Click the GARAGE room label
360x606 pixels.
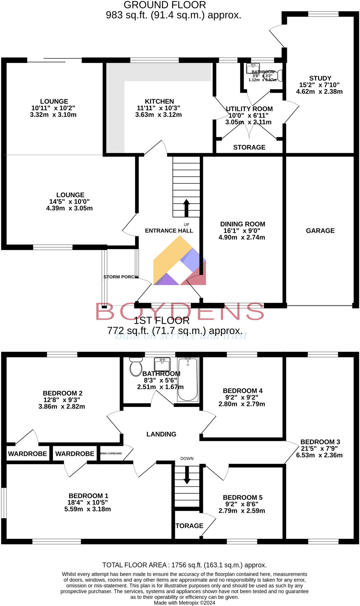pyautogui.click(x=320, y=231)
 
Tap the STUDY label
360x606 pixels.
pyautogui.click(x=320, y=78)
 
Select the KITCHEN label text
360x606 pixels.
pyautogui.click(x=159, y=101)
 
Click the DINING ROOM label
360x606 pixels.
pyautogui.click(x=243, y=224)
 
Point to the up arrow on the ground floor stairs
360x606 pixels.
pyautogui.click(x=186, y=208)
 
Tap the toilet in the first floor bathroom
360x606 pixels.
pyautogui.click(x=136, y=367)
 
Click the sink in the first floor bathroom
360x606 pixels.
pyautogui.click(x=162, y=364)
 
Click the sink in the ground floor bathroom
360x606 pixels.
pyautogui.click(x=253, y=68)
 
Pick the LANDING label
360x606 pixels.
pyautogui.click(x=161, y=434)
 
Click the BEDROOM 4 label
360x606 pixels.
pyautogui.click(x=243, y=391)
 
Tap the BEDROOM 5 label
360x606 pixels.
pyautogui.click(x=243, y=497)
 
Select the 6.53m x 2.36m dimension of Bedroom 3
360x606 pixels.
pyautogui.click(x=319, y=455)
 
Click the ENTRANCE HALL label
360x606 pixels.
pyautogui.click(x=169, y=231)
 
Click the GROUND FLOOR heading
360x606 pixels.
pyautogui.click(x=165, y=5)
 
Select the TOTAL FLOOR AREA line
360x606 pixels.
pyautogui.click(x=184, y=565)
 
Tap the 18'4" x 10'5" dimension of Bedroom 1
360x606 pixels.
pyautogui.click(x=88, y=502)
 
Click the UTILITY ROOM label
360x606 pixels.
pyautogui.click(x=249, y=109)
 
